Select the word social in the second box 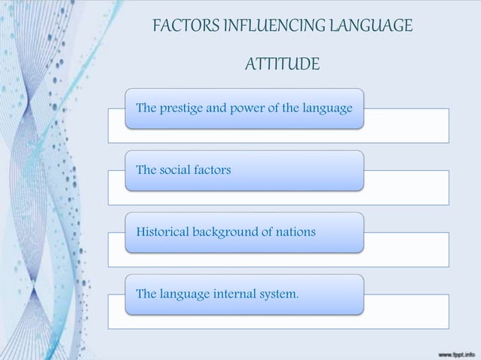(x=176, y=170)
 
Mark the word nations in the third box (x=295, y=232)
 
